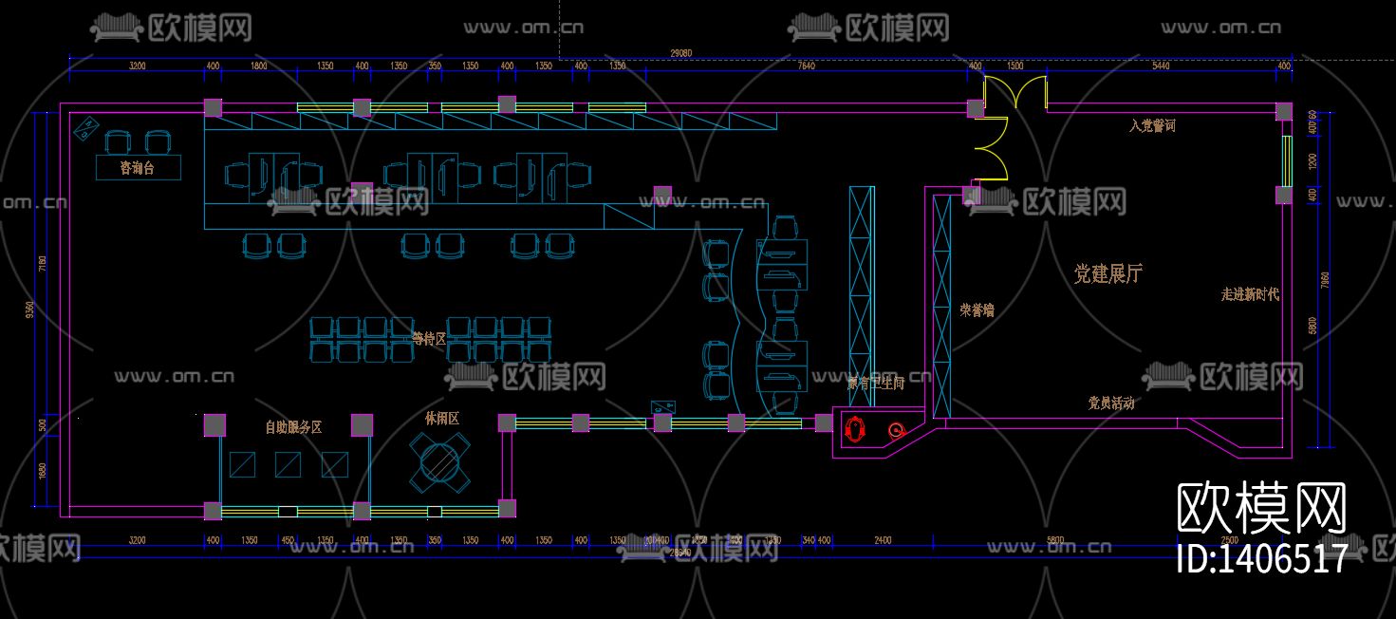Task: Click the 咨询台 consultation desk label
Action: tap(138, 168)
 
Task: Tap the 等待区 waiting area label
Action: tap(428, 338)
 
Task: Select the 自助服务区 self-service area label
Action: tap(293, 427)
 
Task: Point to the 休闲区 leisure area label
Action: tap(441, 418)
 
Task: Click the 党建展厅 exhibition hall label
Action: tap(1107, 274)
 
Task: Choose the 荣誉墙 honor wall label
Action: tap(977, 309)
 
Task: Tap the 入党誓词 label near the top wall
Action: tap(1152, 125)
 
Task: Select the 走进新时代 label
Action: tap(1250, 294)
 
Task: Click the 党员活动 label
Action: tap(1110, 403)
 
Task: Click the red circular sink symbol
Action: tap(895, 430)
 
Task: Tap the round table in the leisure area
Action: tap(439, 462)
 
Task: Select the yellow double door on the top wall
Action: tap(1014, 93)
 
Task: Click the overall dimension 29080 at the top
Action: tap(680, 53)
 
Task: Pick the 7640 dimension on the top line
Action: tap(806, 66)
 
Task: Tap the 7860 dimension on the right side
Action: tap(1325, 281)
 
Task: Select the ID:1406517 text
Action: tap(1261, 558)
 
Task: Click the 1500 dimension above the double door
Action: tap(1014, 66)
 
